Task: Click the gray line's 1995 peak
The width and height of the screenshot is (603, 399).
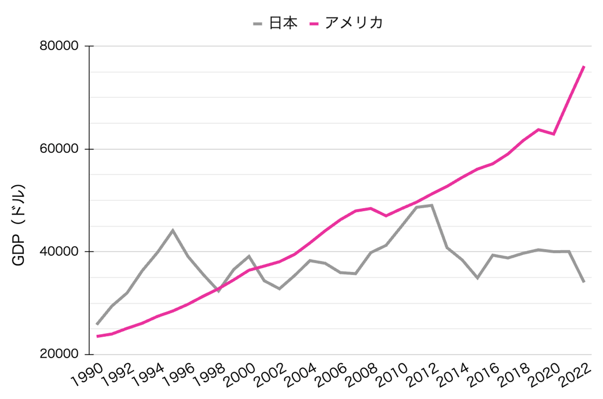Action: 173,230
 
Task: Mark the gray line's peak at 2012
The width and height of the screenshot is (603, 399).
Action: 432,205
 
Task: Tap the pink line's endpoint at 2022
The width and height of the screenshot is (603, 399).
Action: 584,67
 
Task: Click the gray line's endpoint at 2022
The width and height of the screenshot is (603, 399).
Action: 584,282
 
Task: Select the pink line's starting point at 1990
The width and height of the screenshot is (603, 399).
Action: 97,336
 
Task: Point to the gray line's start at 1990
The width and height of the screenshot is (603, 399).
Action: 97,324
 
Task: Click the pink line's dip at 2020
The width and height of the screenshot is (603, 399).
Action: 554,134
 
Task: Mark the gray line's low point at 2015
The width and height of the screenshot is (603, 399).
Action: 477,278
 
